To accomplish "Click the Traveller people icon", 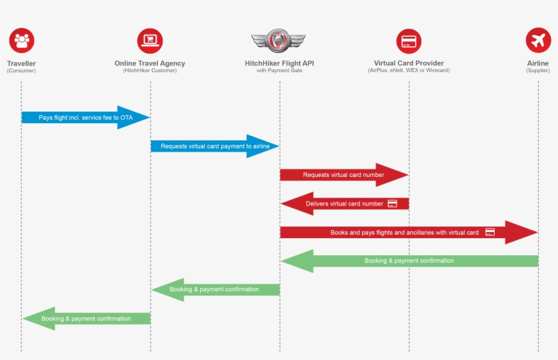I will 22,41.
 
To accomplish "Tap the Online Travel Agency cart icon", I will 150,41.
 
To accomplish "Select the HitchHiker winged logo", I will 279,40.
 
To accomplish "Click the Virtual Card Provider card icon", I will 409,41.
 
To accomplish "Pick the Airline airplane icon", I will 538,41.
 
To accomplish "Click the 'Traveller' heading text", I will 22,63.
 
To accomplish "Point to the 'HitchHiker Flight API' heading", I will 279,63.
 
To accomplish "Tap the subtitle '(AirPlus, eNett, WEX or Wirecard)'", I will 409,71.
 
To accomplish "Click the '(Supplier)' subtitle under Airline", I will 538,71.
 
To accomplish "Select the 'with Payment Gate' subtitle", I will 279,71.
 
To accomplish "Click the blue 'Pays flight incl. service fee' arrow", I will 85,118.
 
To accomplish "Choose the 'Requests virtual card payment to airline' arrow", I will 214,146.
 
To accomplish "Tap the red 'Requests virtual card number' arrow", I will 344,175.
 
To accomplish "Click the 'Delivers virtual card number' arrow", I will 344,203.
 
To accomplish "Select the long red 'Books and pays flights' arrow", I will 408,232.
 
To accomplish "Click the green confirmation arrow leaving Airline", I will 409,261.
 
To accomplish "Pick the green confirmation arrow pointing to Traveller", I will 86,318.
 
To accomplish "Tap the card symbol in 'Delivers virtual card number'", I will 392,203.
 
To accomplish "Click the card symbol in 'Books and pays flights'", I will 490,232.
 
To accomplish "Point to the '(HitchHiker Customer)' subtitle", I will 150,71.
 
